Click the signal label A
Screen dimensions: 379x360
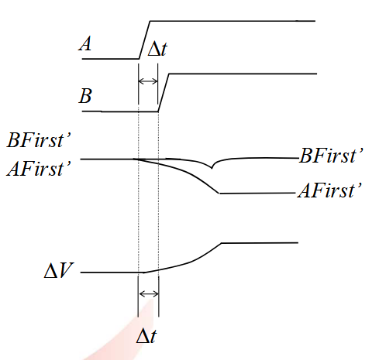coord(85,43)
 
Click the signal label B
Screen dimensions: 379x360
coord(85,96)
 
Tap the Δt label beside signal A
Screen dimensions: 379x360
coord(157,49)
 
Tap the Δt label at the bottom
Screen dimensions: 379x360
coord(146,335)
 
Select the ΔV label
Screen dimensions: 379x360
coord(59,270)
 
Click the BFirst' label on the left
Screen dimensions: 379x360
coord(39,140)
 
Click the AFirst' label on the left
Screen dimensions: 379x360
coord(39,169)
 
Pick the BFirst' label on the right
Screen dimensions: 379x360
coord(332,156)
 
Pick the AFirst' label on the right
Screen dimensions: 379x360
coord(330,190)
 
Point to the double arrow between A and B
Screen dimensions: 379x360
coord(148,81)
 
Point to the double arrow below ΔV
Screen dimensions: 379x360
coord(149,293)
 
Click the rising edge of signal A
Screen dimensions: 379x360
coord(145,40)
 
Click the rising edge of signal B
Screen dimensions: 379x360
coord(164,93)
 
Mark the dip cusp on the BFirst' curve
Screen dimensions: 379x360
coord(212,168)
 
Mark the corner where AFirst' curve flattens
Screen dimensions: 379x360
coord(219,193)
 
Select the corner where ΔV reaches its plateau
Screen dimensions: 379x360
coord(222,243)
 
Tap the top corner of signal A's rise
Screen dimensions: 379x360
coord(150,21)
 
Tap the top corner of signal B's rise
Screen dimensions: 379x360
coord(169,74)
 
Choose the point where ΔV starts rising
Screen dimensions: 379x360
coord(144,273)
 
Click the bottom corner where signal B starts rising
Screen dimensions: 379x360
coord(158,111)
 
